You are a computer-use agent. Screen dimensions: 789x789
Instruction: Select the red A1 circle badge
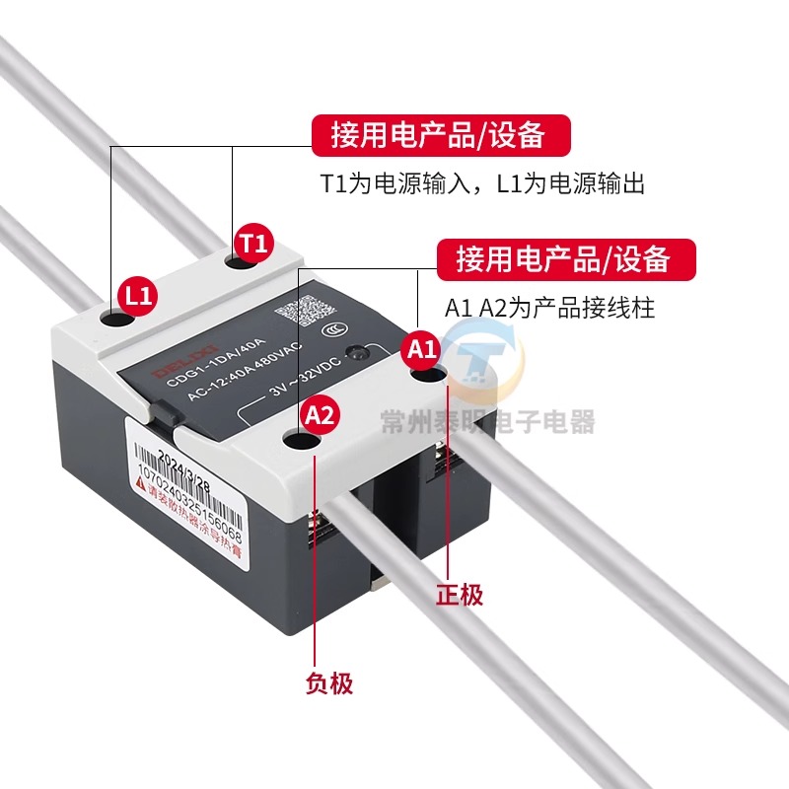pyautogui.click(x=421, y=348)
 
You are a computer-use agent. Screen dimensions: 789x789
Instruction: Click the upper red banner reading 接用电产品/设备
pyautogui.click(x=441, y=135)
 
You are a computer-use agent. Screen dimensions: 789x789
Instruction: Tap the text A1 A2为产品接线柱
pyautogui.click(x=549, y=308)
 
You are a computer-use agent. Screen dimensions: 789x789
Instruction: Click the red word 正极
pyautogui.click(x=460, y=595)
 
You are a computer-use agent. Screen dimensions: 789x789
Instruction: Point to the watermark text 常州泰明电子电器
pyautogui.click(x=488, y=423)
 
